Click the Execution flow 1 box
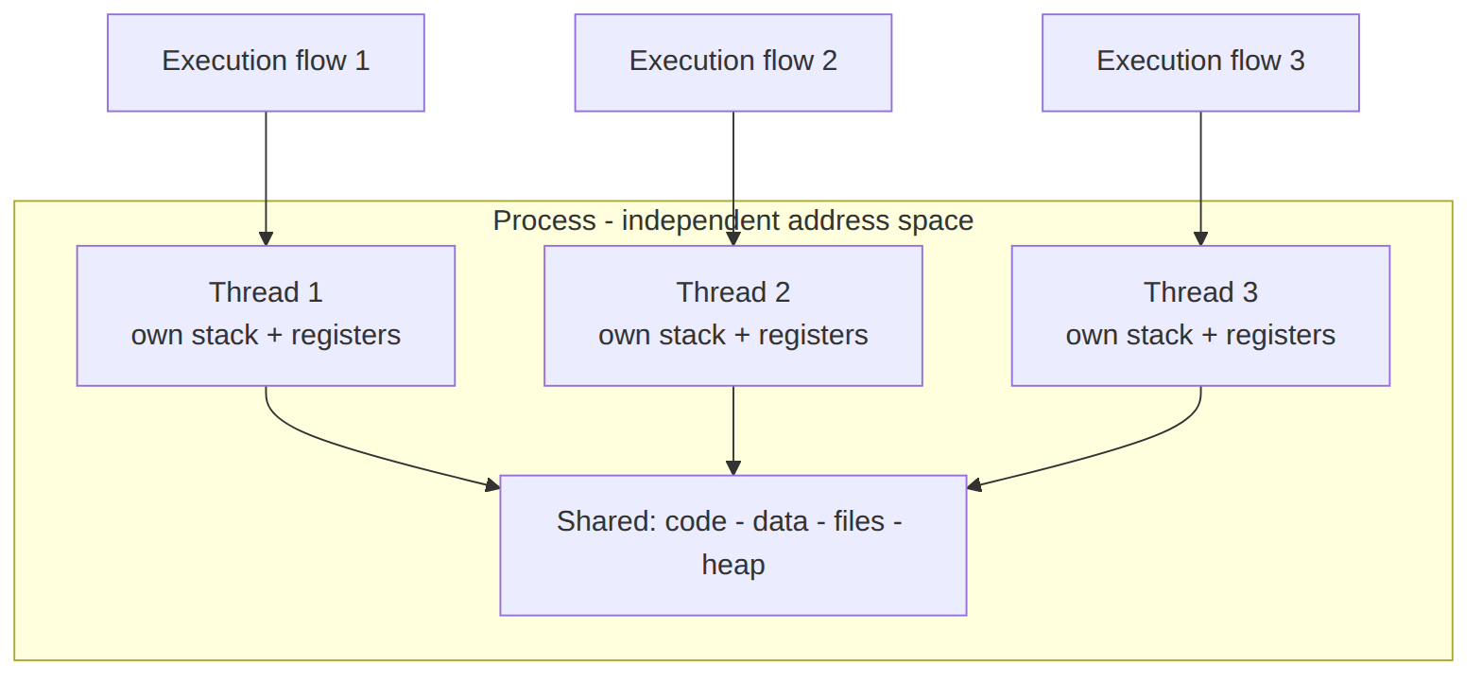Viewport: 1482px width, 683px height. pos(266,63)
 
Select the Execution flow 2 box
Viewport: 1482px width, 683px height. pos(733,63)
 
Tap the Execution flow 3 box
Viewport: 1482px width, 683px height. pos(1200,63)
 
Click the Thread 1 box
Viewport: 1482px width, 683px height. pos(266,316)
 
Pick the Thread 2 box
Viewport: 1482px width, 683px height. pos(733,316)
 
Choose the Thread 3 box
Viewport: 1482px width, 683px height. pos(1200,316)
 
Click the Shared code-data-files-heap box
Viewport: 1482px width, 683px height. pos(733,545)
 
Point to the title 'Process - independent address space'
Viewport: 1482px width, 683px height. pos(733,220)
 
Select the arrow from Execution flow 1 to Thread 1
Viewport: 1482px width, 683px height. pos(266,179)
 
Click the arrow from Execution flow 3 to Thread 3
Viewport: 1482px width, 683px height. pos(1200,179)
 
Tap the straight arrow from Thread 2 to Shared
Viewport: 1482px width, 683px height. pos(733,430)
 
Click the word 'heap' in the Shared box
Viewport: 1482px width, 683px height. pos(733,565)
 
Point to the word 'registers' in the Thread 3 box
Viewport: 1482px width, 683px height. pos(1280,336)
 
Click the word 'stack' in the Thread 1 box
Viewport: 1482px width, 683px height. pos(224,335)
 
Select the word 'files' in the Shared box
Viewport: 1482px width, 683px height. pos(859,521)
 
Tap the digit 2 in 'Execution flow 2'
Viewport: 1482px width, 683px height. pos(830,61)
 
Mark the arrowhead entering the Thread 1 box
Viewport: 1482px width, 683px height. pos(266,239)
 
